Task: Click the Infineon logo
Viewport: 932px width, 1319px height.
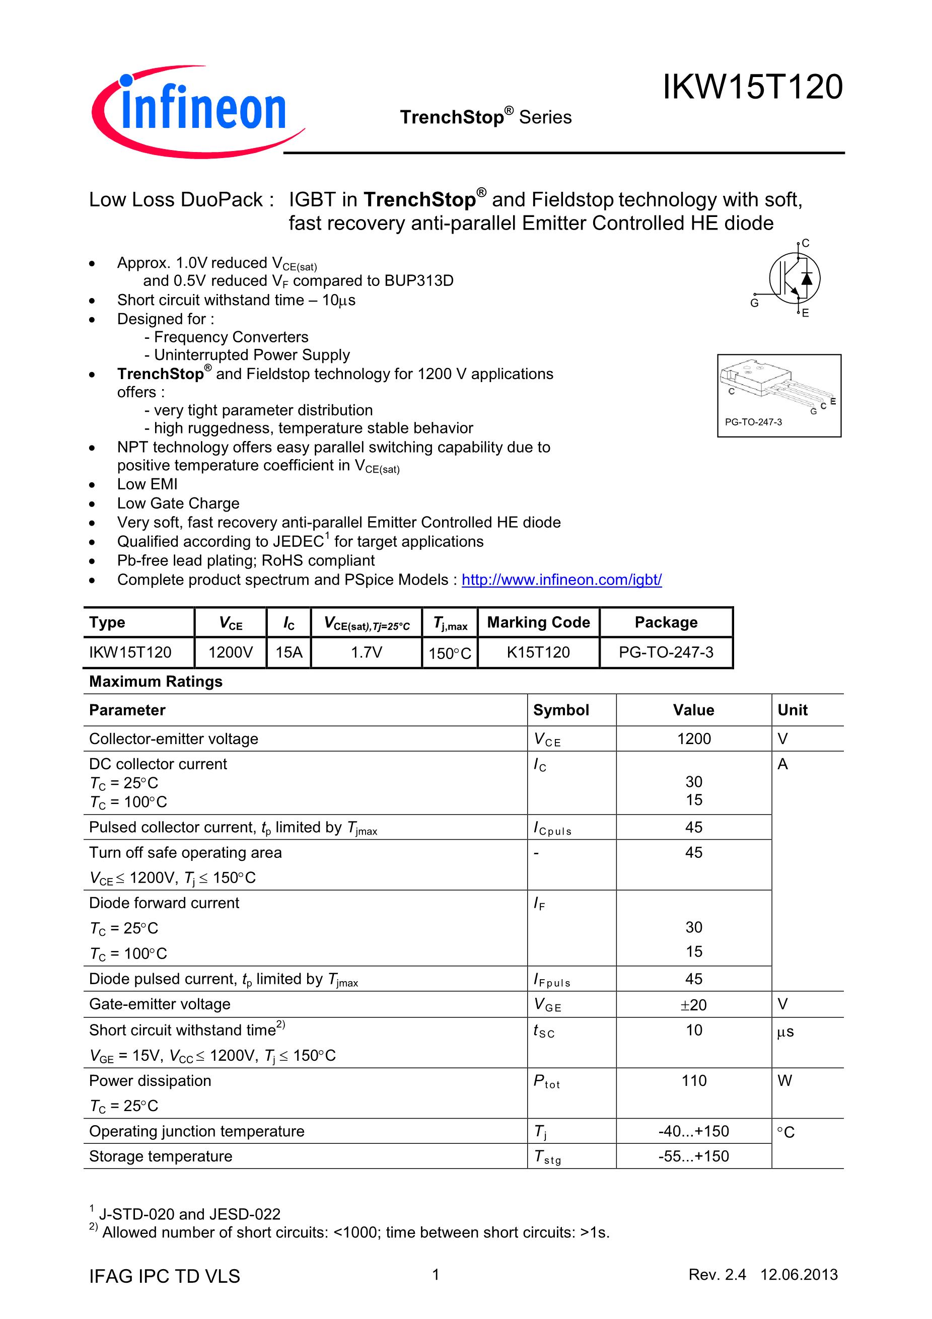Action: tap(198, 111)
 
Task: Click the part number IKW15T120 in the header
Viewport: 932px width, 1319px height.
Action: tap(752, 87)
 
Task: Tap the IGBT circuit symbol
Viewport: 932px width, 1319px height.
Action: tap(795, 278)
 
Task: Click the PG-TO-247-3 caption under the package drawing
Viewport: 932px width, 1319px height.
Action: tap(753, 422)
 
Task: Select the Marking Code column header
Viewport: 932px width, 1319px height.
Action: tap(538, 622)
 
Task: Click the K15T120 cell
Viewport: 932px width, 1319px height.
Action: tap(538, 652)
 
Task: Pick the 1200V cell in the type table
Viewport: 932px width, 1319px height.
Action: tap(231, 652)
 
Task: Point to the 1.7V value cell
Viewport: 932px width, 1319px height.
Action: tap(367, 652)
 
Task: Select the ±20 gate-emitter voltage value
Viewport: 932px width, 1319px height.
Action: tap(693, 1005)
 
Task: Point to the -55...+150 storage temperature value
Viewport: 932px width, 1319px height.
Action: tap(693, 1156)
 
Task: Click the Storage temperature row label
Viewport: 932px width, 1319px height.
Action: tap(161, 1156)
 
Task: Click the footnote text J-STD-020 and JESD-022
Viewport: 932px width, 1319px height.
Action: tap(190, 1214)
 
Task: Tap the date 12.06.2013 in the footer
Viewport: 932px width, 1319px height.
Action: tap(799, 1275)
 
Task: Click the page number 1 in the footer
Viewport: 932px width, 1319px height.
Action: tap(436, 1275)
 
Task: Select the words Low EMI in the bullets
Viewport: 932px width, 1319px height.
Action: tap(147, 484)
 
